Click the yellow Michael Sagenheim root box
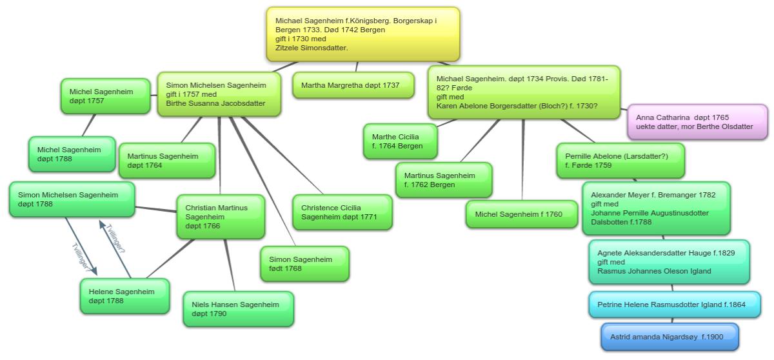point(363,34)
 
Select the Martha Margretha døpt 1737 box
point(353,85)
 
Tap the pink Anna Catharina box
point(697,122)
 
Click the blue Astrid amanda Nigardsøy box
point(670,337)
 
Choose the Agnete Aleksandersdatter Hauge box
point(669,262)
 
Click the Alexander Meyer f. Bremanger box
point(656,208)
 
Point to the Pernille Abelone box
point(619,161)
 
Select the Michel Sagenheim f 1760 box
point(522,214)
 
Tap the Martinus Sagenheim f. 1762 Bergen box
point(443,180)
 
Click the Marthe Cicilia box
point(400,141)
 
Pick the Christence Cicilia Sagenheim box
point(341,212)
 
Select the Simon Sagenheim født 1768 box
point(304,264)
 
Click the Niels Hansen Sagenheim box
point(238,309)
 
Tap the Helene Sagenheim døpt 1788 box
point(124,296)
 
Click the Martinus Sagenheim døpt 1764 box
point(166,161)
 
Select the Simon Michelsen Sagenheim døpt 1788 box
point(72,199)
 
